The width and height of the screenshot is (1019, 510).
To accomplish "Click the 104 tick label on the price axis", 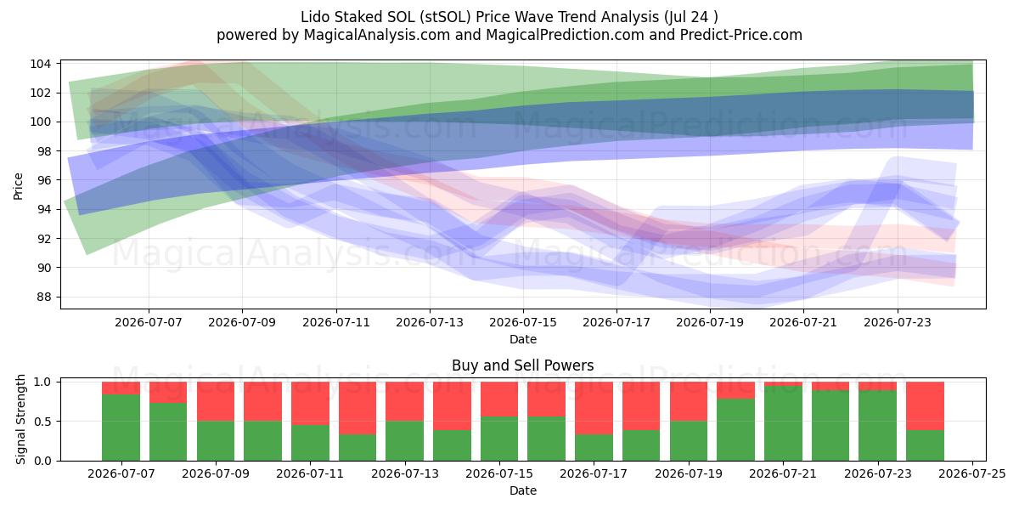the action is [40, 64].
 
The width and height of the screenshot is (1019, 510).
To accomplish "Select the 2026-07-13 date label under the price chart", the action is [430, 322].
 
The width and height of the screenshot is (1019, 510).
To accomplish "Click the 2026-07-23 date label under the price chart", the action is [897, 322].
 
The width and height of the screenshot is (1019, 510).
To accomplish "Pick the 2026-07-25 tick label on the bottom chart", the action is [972, 473].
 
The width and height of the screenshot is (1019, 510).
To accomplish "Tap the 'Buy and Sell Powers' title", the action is [523, 365].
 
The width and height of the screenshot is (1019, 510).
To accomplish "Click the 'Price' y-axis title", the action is [18, 186].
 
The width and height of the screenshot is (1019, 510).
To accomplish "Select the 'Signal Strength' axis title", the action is [20, 419].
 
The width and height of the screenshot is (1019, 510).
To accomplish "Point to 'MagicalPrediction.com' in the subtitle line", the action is [565, 35].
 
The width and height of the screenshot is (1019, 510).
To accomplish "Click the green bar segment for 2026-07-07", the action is [121, 428].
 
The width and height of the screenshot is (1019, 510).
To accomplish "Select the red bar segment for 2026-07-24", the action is [925, 406].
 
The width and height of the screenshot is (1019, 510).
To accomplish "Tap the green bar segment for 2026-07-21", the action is [783, 423].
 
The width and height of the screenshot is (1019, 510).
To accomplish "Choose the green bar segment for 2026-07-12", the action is [357, 448].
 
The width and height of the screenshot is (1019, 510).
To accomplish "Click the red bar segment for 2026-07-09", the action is [216, 401].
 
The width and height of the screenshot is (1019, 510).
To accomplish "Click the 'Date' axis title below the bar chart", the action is [523, 490].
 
